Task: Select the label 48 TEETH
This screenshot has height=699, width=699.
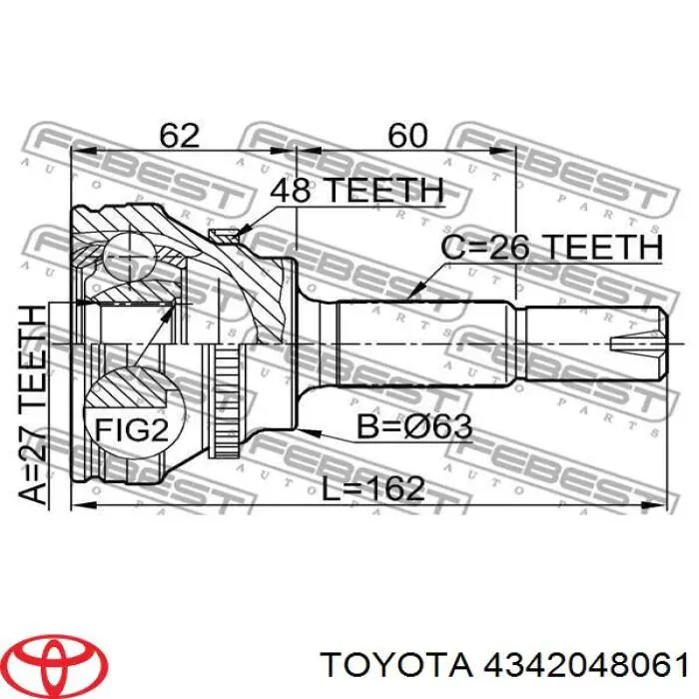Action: [357, 191]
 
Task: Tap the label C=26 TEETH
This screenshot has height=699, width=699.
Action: [552, 248]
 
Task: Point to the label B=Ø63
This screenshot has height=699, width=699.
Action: [414, 426]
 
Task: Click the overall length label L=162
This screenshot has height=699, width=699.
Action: [373, 488]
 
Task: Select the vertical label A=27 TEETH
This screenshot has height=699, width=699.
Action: [33, 405]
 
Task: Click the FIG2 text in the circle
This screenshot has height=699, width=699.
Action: [132, 430]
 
